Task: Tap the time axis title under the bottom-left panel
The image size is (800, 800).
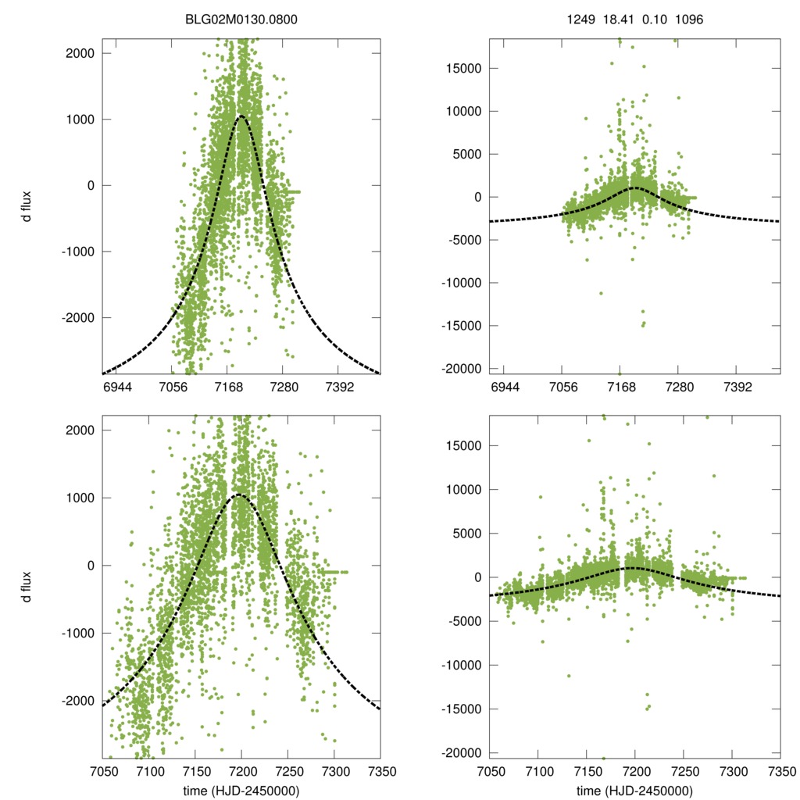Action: tap(241, 790)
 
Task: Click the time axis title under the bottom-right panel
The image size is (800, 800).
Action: tap(634, 790)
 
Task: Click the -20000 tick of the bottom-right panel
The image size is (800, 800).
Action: tap(463, 752)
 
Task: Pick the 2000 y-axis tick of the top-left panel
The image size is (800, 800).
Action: tap(82, 53)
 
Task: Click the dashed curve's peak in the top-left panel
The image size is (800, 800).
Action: tap(241, 116)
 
